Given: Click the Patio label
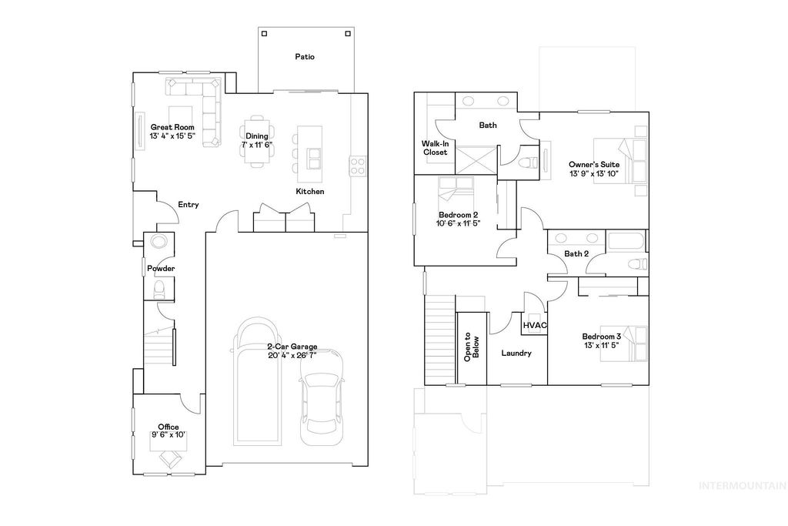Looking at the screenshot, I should [x=306, y=57].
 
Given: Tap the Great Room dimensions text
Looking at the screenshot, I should [x=172, y=136].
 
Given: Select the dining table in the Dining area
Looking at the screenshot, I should [x=257, y=140].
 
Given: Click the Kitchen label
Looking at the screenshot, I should [x=310, y=191].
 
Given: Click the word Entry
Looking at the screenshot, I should [x=189, y=205].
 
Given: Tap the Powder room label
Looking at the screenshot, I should [x=162, y=269].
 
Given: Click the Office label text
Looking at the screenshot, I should [x=169, y=427].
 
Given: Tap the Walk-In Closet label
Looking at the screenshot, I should [x=435, y=148].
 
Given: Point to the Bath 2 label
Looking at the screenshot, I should [x=576, y=254].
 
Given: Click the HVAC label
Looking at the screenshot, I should [x=535, y=326].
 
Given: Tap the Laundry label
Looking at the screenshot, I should [x=516, y=353].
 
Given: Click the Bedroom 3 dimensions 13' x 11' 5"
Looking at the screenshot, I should [x=601, y=346].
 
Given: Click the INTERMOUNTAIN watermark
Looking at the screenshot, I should [x=741, y=486].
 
